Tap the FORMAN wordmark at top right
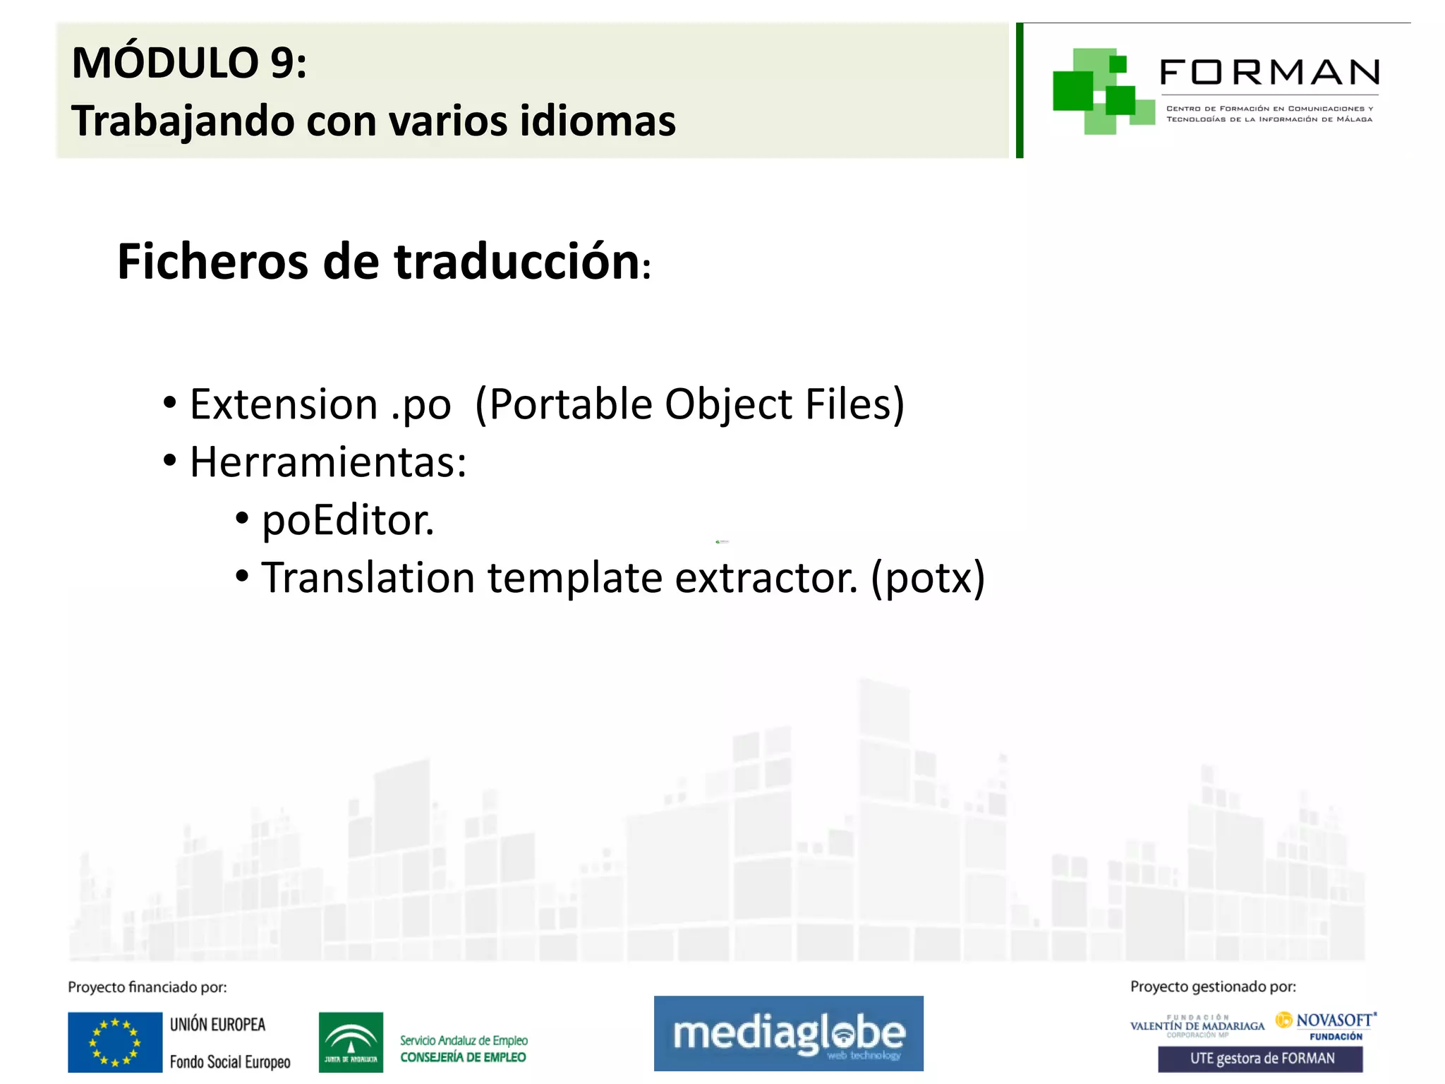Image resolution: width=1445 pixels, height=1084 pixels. pyautogui.click(x=1269, y=73)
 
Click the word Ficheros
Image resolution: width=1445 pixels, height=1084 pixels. pyautogui.click(x=212, y=263)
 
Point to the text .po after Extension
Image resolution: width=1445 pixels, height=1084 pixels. pyautogui.click(x=421, y=406)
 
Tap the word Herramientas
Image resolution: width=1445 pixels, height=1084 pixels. pyautogui.click(x=328, y=463)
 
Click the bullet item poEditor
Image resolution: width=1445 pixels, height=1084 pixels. pyautogui.click(x=347, y=521)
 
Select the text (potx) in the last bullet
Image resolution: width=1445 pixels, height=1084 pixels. pyautogui.click(x=927, y=579)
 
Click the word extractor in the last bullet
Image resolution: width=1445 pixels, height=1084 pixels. pyautogui.click(x=766, y=579)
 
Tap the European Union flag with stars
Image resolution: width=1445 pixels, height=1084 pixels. pyautogui.click(x=115, y=1042)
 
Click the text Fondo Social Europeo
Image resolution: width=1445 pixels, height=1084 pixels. pyautogui.click(x=230, y=1061)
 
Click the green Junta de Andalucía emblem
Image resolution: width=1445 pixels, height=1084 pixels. pyautogui.click(x=351, y=1042)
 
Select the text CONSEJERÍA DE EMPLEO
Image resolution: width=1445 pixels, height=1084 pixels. pyautogui.click(x=463, y=1057)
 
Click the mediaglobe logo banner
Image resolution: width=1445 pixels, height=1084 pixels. pyautogui.click(x=788, y=1033)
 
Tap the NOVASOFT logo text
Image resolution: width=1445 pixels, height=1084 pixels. pyautogui.click(x=1333, y=1020)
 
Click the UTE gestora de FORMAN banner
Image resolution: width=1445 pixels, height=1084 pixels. pyautogui.click(x=1260, y=1059)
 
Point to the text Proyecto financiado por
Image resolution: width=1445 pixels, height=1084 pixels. pyautogui.click(x=147, y=987)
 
